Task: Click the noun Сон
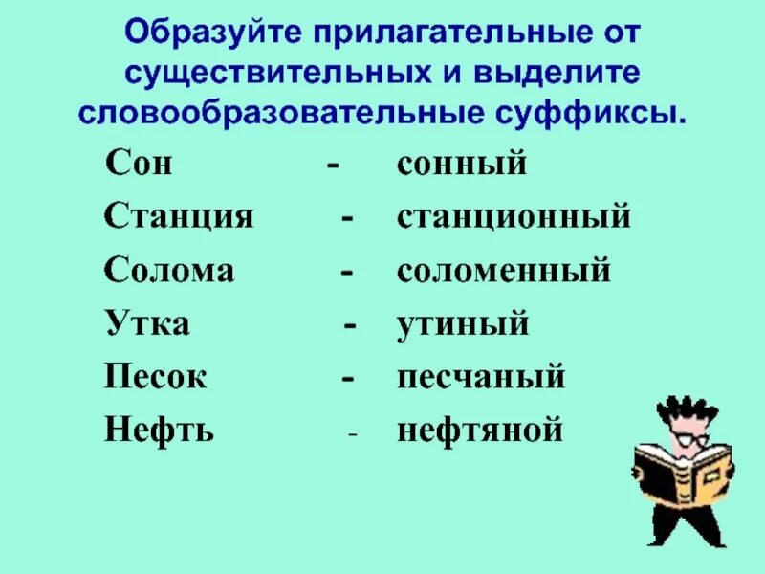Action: [139, 164]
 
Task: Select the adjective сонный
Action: [463, 164]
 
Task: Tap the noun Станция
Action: [179, 217]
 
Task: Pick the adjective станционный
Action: [514, 217]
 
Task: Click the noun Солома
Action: [169, 271]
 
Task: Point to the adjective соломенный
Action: [504, 271]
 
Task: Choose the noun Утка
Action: [147, 324]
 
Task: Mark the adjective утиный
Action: [463, 324]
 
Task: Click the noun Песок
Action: [156, 378]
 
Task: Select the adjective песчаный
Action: [481, 378]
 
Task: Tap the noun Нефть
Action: [160, 431]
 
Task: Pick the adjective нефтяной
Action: [480, 431]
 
